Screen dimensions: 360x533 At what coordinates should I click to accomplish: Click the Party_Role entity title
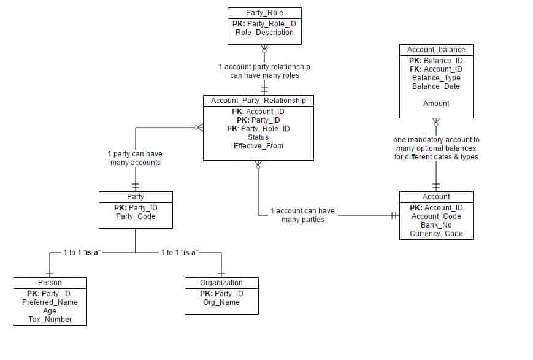[264, 13]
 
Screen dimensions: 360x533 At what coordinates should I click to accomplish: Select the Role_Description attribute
[264, 33]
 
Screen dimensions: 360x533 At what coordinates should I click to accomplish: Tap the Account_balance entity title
[436, 50]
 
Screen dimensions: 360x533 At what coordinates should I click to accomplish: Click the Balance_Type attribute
[436, 78]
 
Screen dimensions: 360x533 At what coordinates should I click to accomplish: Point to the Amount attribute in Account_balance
[436, 104]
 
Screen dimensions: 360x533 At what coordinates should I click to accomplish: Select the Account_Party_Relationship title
[258, 101]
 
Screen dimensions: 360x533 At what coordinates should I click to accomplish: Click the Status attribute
[258, 137]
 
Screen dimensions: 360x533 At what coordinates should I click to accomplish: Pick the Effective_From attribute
[258, 146]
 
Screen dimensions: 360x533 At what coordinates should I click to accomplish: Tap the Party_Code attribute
[136, 216]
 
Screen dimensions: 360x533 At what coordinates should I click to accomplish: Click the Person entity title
[50, 283]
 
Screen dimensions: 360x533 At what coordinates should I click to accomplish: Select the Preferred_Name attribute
[50, 302]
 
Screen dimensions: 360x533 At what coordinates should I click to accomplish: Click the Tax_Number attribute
[50, 320]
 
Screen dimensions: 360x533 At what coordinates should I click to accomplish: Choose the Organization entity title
[221, 283]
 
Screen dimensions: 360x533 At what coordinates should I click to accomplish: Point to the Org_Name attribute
[221, 302]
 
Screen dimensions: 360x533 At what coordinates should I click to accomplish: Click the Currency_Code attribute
[436, 234]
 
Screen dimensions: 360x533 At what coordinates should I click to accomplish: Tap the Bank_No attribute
[436, 225]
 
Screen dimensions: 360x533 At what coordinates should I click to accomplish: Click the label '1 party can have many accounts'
[135, 158]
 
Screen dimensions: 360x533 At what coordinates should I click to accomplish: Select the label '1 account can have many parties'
[302, 215]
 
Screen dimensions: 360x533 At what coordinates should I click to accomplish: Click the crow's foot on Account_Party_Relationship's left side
[197, 128]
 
